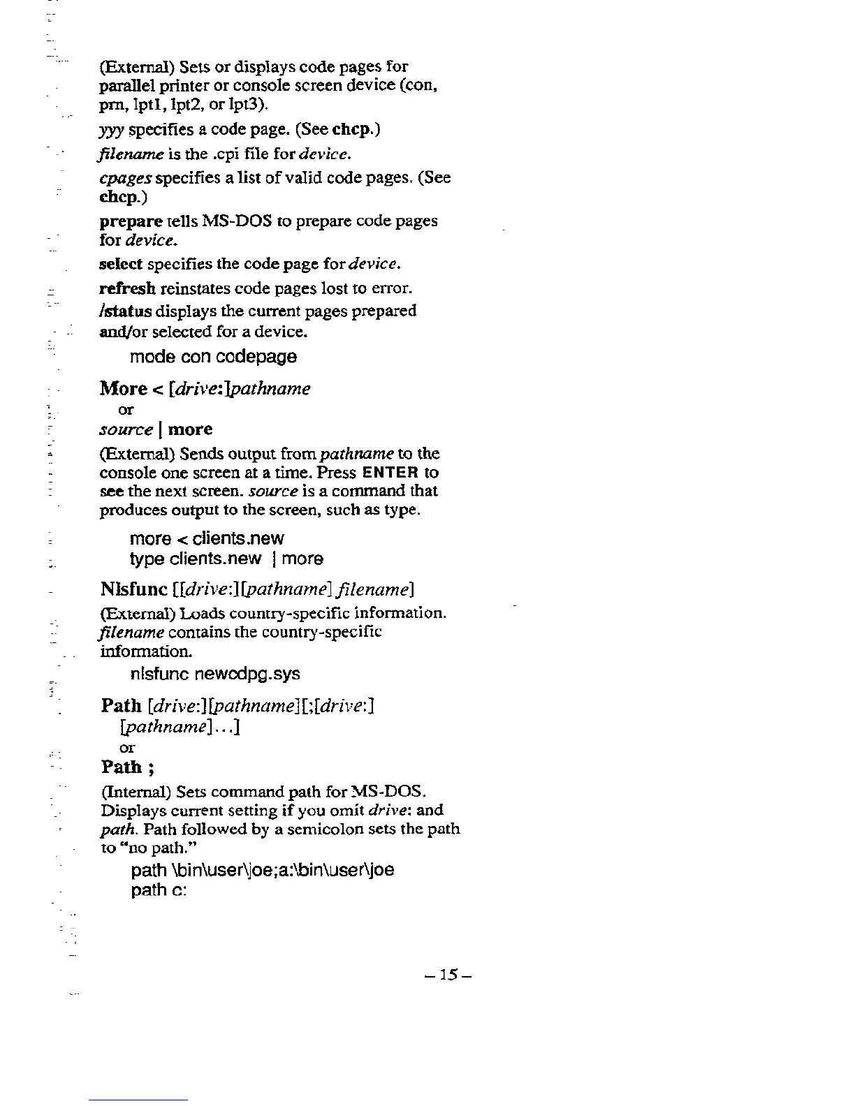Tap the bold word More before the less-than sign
click(124, 388)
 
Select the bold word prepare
click(131, 221)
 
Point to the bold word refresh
click(128, 288)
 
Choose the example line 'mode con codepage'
click(213, 357)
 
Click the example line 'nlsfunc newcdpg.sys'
click(215, 674)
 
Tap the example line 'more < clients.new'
click(207, 538)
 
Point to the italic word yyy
click(112, 131)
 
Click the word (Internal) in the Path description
click(136, 792)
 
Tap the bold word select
click(121, 265)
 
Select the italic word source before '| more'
click(126, 429)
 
